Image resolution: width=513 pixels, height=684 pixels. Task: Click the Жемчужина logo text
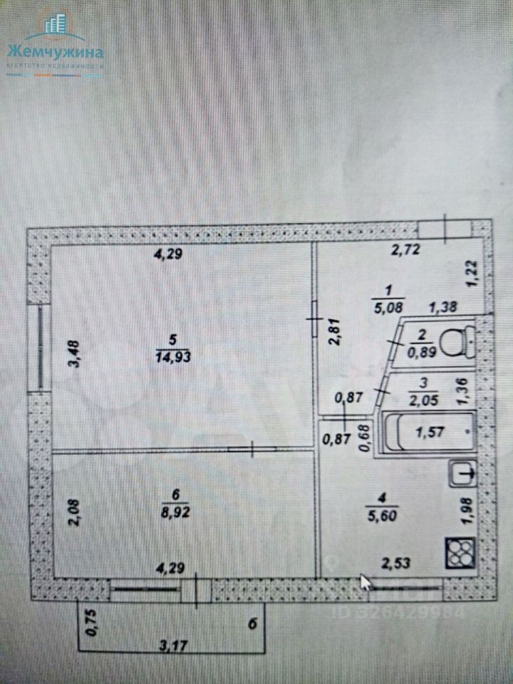pos(55,52)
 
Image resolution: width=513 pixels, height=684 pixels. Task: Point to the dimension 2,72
pos(404,249)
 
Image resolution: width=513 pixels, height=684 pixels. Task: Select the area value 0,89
pos(420,350)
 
